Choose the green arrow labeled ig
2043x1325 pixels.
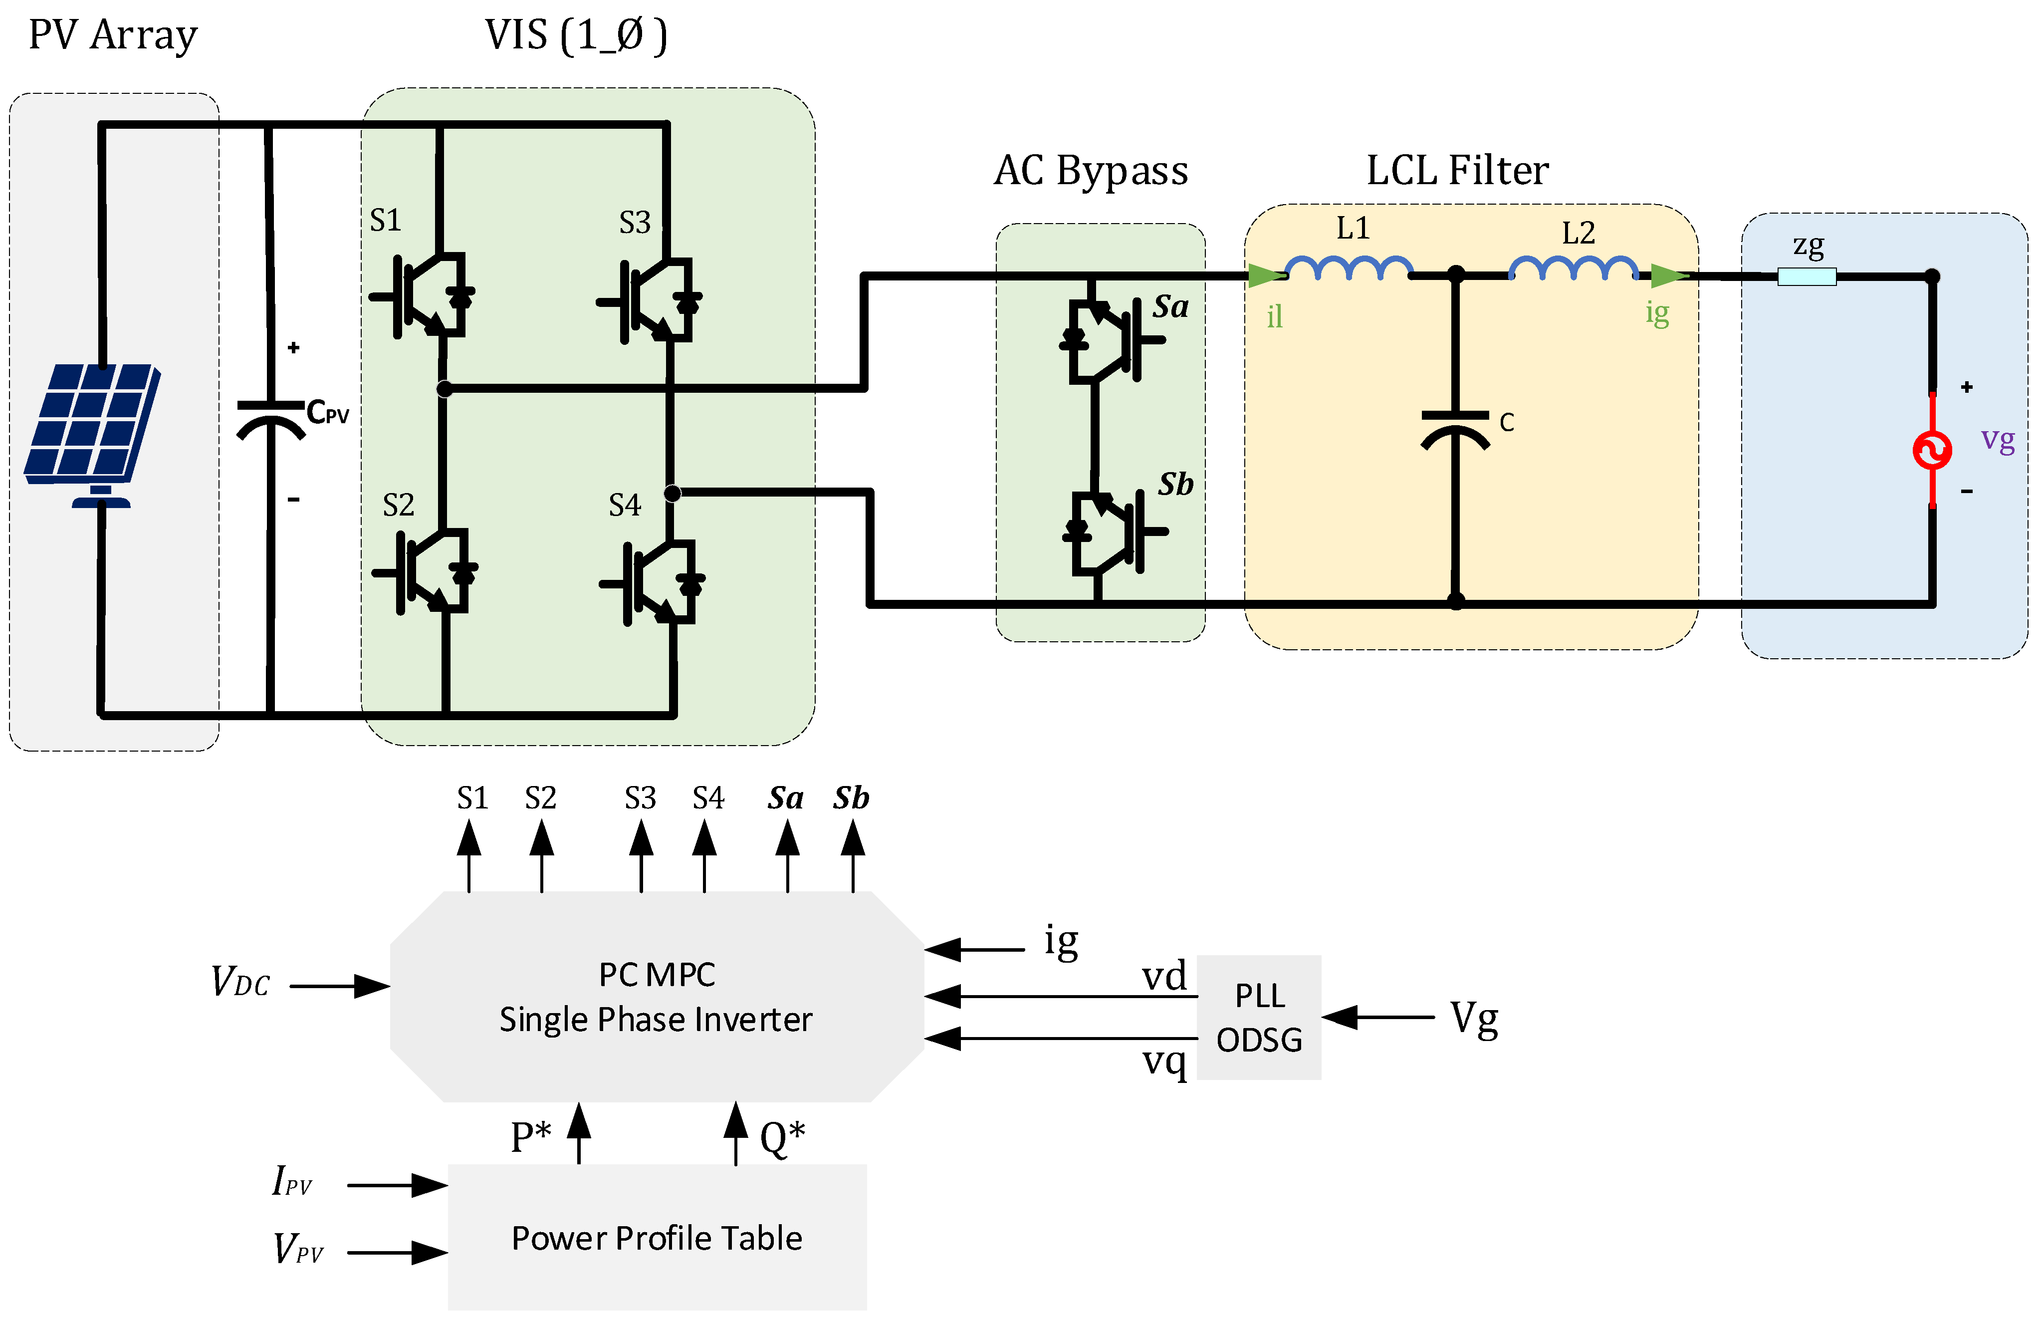pos(1668,275)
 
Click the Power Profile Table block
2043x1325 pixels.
pos(657,1237)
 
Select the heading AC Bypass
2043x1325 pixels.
pos(1090,170)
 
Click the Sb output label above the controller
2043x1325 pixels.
pos(851,798)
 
